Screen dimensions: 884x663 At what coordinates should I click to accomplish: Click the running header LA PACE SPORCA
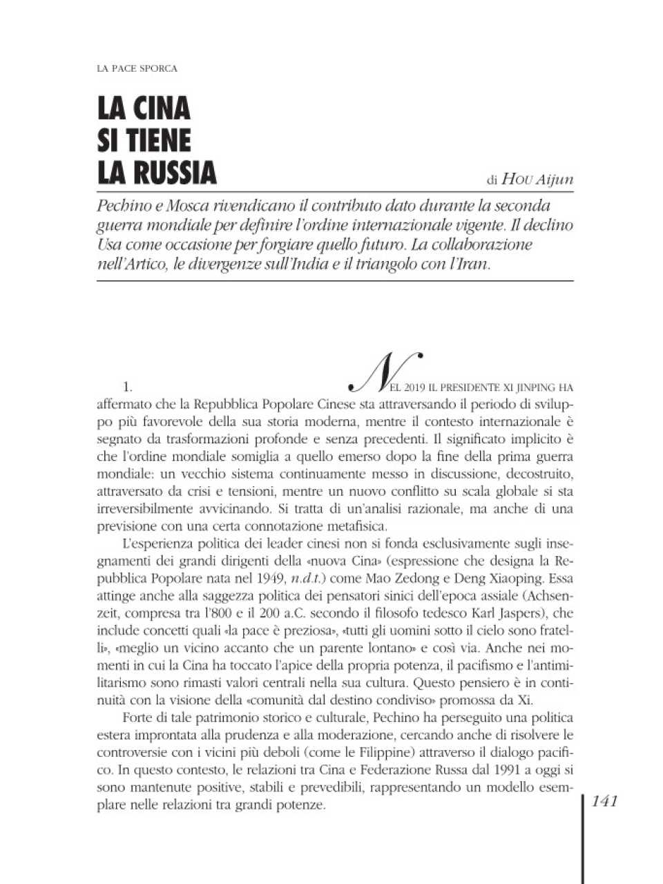pos(137,68)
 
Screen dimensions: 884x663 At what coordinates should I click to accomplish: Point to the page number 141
pos(604,801)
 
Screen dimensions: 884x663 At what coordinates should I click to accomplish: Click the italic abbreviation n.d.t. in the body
pos(305,579)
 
